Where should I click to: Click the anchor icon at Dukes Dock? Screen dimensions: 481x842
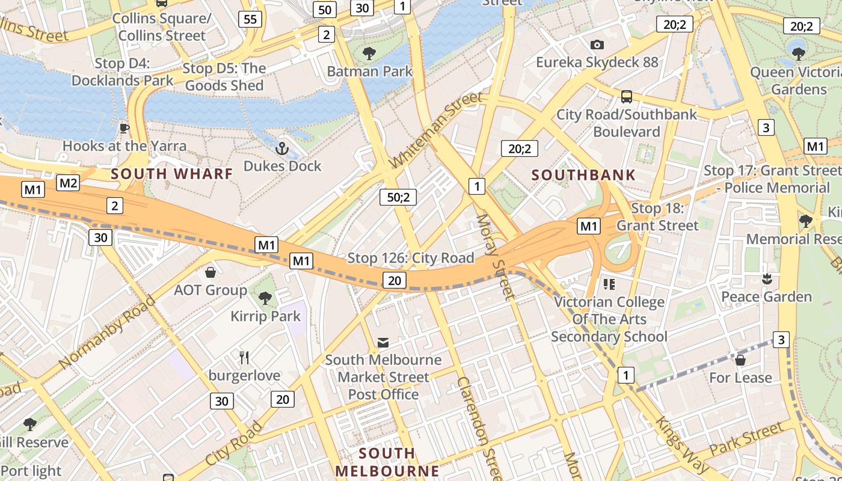pos(282,147)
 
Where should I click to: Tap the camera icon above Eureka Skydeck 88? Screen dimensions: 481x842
pos(597,44)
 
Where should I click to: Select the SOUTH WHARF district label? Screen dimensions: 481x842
pos(172,174)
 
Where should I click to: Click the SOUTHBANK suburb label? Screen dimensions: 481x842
pos(583,176)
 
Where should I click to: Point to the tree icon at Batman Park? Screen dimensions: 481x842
pos(369,54)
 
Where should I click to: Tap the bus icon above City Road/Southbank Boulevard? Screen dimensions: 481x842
pos(626,96)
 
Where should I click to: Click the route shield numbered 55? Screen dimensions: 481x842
pos(250,19)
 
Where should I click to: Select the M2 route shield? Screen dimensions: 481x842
pos(68,183)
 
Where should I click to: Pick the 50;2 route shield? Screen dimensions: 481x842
pos(398,197)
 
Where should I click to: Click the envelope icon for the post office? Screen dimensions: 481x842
pos(383,343)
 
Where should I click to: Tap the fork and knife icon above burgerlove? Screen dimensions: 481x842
pos(244,358)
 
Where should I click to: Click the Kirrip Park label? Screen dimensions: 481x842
pos(265,316)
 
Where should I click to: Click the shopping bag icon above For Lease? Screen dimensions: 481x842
pos(740,360)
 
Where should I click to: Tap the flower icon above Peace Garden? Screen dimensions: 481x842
pos(766,279)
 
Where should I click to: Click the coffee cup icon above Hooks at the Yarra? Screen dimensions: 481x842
pos(124,128)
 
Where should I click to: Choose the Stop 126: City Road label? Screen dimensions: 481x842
pos(411,258)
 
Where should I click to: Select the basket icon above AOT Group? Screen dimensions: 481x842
pos(210,272)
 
